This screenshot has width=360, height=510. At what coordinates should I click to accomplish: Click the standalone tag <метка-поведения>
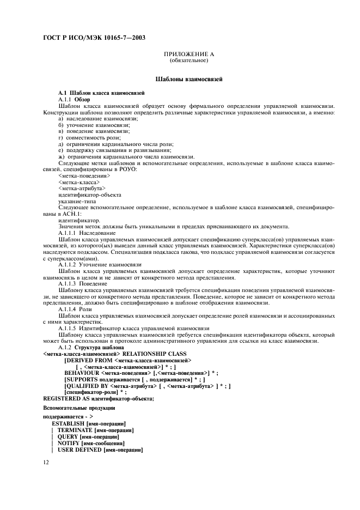pos(84,176)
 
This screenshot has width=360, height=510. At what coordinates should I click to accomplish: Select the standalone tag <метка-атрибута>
pos(82,189)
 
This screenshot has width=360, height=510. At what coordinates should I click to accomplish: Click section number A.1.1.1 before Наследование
pos(68,233)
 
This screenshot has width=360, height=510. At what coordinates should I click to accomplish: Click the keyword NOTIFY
pos(69,444)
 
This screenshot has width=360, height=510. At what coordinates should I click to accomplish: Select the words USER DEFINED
pos(78,450)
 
